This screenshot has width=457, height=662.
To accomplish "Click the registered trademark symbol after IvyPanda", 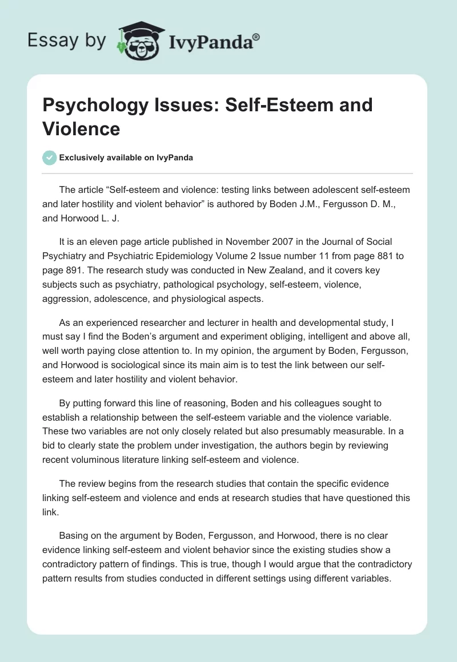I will click(256, 38).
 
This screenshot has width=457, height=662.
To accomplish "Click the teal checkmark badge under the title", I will click(50, 158).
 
